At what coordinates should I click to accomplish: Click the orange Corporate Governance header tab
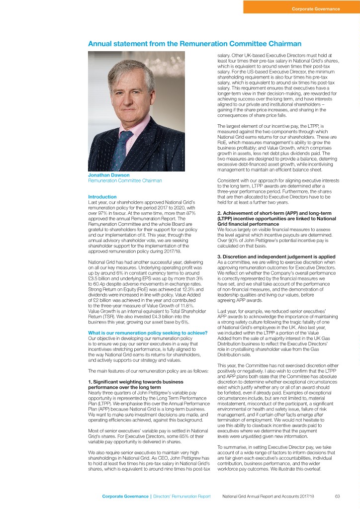point(301,8)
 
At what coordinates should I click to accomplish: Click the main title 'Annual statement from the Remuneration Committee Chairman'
point(194,44)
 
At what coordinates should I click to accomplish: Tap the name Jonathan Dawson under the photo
point(108,174)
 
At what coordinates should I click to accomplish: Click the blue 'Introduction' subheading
point(102,197)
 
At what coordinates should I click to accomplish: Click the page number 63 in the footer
point(337,496)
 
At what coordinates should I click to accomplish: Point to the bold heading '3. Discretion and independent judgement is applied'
point(278,255)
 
